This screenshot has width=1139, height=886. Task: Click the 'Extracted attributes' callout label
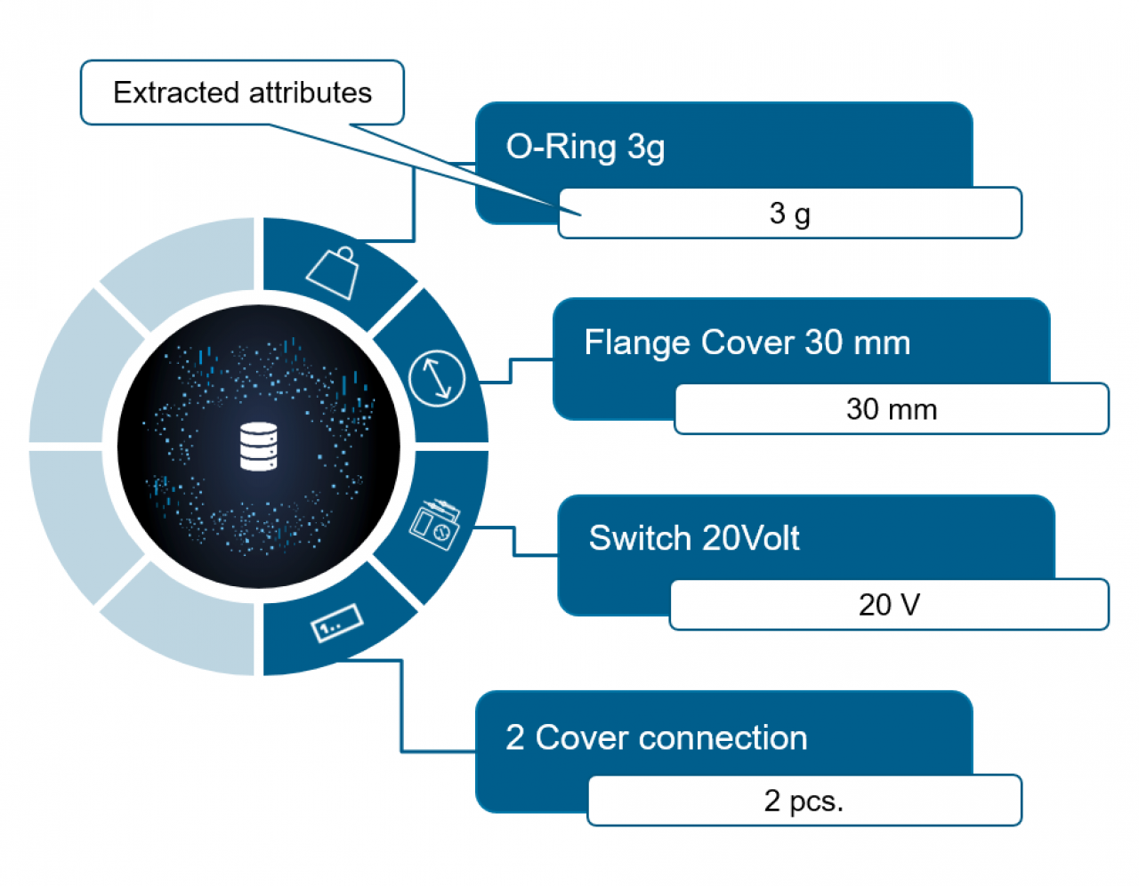point(242,93)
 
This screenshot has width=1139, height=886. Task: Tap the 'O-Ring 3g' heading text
point(586,147)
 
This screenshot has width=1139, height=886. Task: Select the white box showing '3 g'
point(790,213)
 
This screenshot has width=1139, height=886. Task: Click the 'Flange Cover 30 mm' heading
point(747,342)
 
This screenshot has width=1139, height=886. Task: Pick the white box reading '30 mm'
point(892,409)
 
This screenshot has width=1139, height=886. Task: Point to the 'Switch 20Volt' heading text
point(694,538)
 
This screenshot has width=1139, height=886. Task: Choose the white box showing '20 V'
point(889,605)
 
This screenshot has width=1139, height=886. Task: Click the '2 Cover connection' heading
point(657,737)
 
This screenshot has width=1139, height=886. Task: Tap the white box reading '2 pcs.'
point(804,801)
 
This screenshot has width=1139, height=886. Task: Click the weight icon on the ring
point(334,272)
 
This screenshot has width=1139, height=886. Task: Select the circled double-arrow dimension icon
point(437,378)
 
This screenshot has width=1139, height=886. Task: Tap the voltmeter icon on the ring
point(435,525)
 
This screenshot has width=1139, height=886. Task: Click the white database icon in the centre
point(259,447)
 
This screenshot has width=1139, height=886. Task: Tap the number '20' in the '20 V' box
point(876,605)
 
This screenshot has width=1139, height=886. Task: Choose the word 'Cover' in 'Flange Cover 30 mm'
point(747,342)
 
